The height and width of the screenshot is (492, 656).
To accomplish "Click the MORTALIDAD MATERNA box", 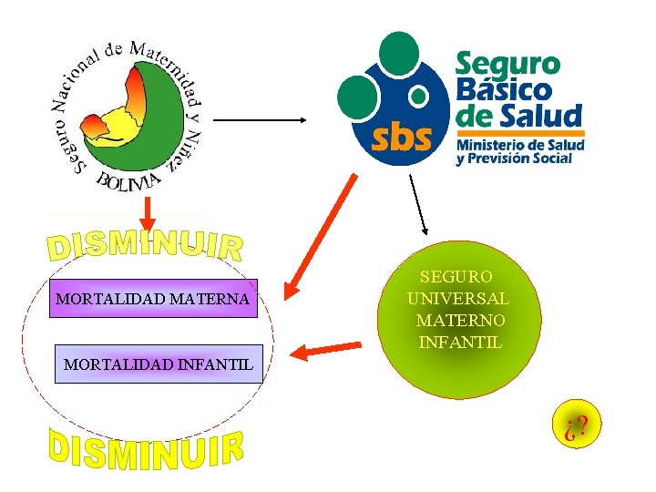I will [x=153, y=298].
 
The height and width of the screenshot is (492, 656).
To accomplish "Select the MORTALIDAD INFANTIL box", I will [x=159, y=364].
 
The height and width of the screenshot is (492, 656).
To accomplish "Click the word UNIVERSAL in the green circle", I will [x=458, y=298].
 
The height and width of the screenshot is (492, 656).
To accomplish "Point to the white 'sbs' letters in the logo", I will [x=400, y=137].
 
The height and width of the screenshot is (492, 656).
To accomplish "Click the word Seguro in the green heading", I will [x=507, y=65].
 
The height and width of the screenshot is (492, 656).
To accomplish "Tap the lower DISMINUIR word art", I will [x=146, y=448].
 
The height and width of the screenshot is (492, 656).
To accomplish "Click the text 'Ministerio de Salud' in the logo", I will [x=519, y=145].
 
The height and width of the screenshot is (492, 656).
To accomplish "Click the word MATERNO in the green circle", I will [x=460, y=321].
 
